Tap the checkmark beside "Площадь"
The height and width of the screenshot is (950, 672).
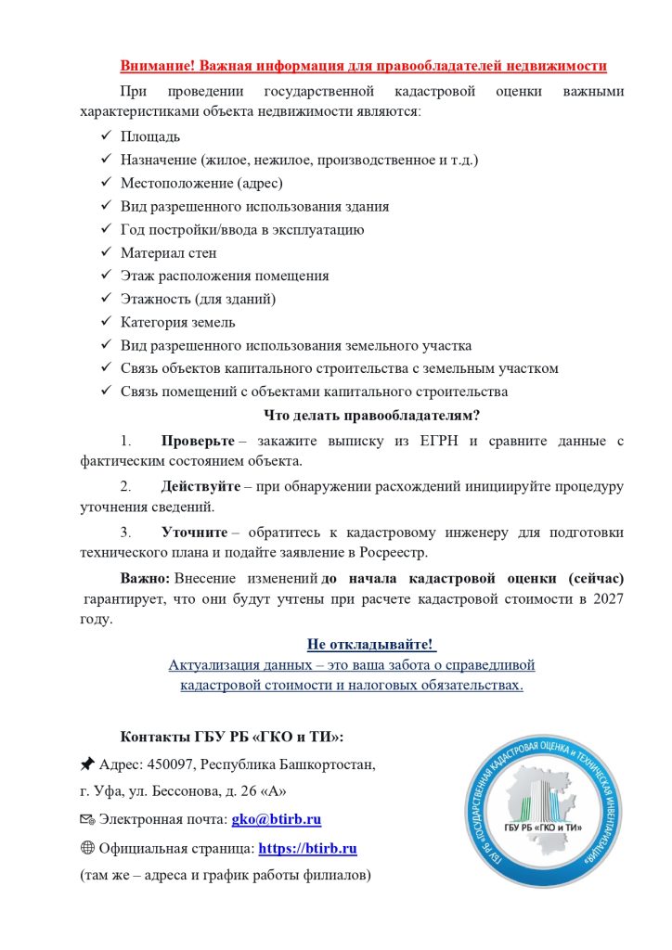coord(105,137)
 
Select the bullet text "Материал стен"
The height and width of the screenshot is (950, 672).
coord(168,252)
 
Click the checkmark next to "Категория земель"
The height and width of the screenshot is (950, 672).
coord(105,322)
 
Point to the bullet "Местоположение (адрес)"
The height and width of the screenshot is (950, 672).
coord(201,183)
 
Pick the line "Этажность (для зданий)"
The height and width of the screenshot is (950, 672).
coord(198,299)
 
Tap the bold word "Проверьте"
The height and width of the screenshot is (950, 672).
coord(198,440)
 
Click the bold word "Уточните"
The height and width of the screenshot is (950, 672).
coord(194,533)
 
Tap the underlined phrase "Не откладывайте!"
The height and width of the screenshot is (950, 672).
coord(370,644)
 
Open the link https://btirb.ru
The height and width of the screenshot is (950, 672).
coord(307,848)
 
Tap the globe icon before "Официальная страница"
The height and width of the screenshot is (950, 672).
coord(87,848)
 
